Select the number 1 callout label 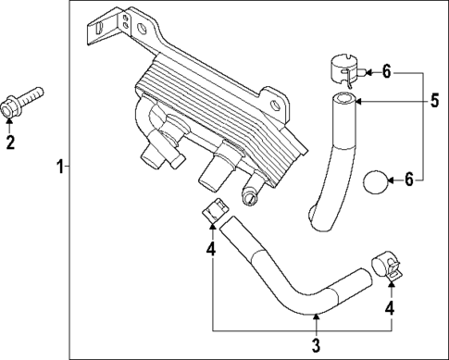(x=59, y=168)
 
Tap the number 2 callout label (x=11, y=142)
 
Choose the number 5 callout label (x=434, y=99)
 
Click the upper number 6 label (x=386, y=71)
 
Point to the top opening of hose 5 (x=343, y=98)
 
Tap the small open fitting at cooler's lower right (x=247, y=194)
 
